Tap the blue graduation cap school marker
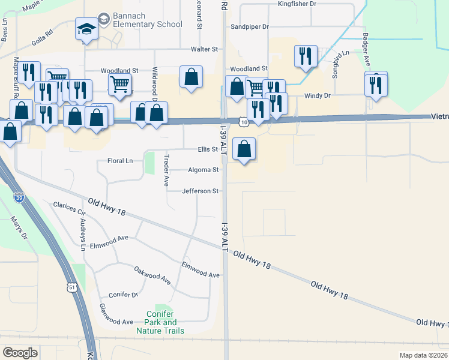[86, 29]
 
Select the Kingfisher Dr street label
[297, 4]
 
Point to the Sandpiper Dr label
[249, 27]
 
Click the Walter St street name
[203, 49]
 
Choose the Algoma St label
[203, 170]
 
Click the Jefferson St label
[200, 191]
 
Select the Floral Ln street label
[119, 161]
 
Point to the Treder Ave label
[166, 170]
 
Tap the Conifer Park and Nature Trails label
[160, 322]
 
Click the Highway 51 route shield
[71, 288]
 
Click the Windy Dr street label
[318, 95]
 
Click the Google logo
[20, 352]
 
